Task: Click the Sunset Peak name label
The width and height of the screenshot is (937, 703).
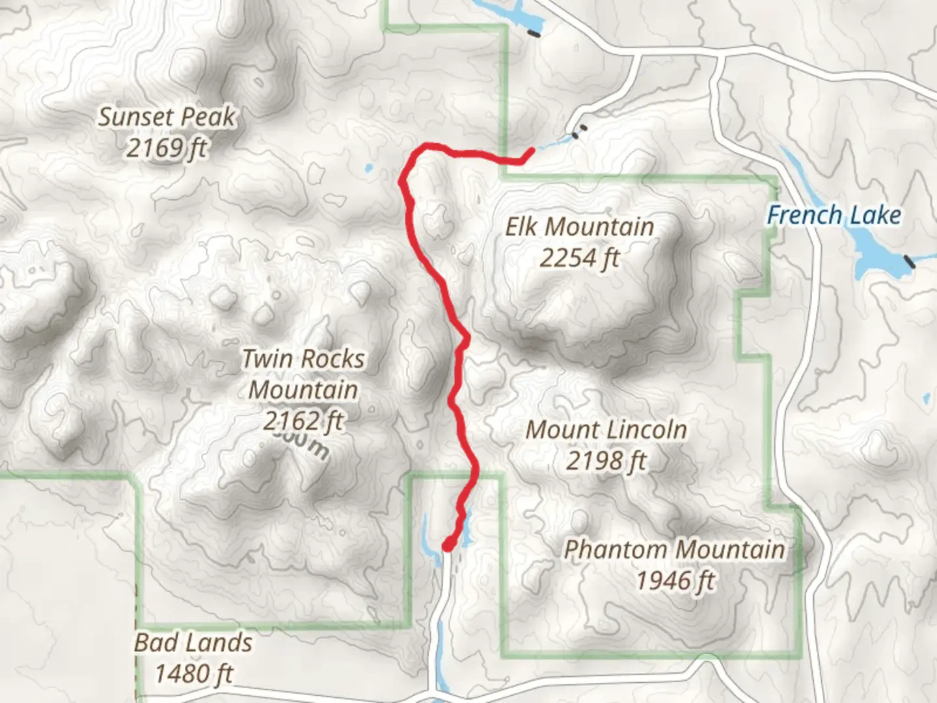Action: (167, 117)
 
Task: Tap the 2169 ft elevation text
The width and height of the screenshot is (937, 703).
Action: (166, 148)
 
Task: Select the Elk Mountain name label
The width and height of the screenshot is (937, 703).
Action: (580, 227)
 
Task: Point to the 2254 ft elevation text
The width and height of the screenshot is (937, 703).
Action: (579, 258)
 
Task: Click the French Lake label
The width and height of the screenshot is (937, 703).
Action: (834, 215)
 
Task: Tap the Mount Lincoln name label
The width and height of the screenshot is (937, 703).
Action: (606, 430)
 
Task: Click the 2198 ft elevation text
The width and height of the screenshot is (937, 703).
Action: (606, 461)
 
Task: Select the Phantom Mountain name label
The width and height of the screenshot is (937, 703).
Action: (675, 549)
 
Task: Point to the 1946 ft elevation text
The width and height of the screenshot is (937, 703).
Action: (675, 580)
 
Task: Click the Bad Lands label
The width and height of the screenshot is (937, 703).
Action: (193, 643)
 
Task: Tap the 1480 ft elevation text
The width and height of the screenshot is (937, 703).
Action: (193, 674)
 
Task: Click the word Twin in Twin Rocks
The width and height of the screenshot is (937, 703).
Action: (267, 359)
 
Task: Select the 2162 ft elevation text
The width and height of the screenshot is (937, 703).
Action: (303, 421)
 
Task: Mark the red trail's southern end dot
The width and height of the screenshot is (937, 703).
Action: (448, 544)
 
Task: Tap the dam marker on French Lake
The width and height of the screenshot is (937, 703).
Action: (909, 262)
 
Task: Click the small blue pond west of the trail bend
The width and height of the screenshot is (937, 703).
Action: (369, 169)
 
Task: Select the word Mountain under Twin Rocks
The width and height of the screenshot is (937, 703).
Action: (303, 390)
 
